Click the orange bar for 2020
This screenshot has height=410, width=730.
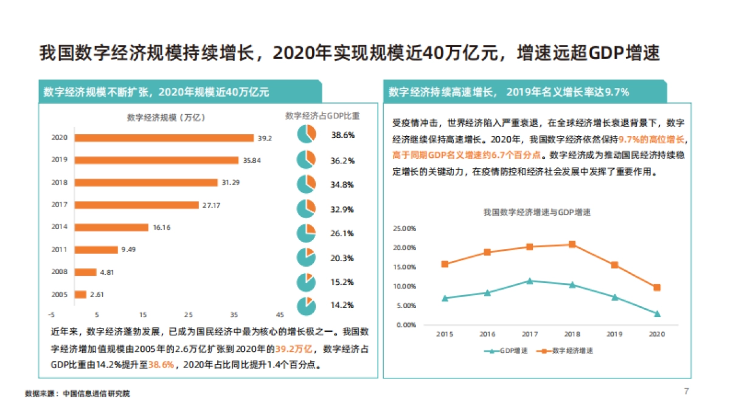(164, 138)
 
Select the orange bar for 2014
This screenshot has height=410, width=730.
(111, 227)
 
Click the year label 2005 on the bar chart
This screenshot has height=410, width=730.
(59, 294)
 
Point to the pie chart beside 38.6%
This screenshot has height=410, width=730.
(307, 134)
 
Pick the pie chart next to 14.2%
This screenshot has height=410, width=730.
(307, 306)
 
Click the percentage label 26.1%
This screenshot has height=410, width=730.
(342, 233)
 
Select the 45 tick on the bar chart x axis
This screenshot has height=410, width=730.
(280, 315)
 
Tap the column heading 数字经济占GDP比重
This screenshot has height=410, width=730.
(322, 115)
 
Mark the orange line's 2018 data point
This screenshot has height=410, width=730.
(572, 244)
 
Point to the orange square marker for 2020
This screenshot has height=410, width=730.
(657, 287)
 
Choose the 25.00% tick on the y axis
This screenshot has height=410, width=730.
(404, 228)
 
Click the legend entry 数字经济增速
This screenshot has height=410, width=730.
(565, 351)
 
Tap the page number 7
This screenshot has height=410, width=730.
(686, 391)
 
